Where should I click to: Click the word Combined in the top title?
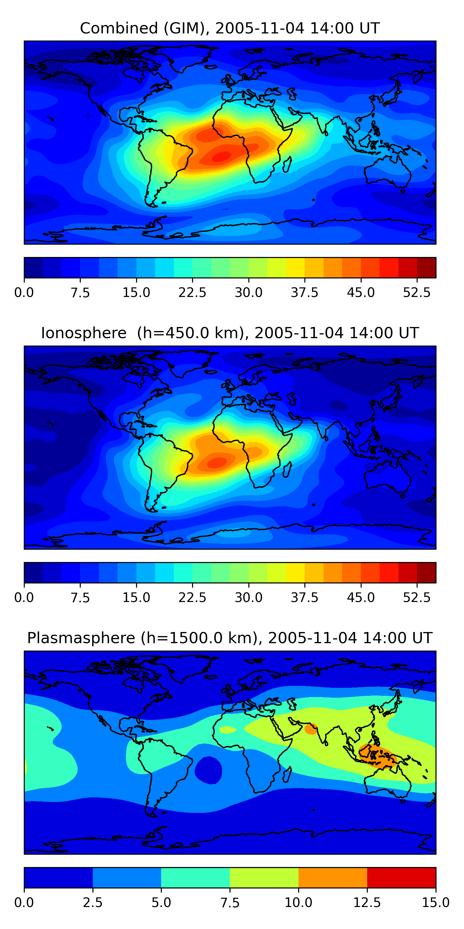119,28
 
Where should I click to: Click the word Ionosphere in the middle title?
84,333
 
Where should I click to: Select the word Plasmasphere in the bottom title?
81,638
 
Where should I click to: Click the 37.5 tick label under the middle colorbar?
305,598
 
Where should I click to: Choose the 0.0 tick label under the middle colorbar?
24,598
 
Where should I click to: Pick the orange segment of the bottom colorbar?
333,877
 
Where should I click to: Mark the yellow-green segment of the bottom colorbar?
264,877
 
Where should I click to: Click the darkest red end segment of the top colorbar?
427,268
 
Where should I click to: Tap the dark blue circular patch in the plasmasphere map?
208,770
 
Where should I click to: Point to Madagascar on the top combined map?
287,164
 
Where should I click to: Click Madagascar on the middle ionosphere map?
287,469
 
